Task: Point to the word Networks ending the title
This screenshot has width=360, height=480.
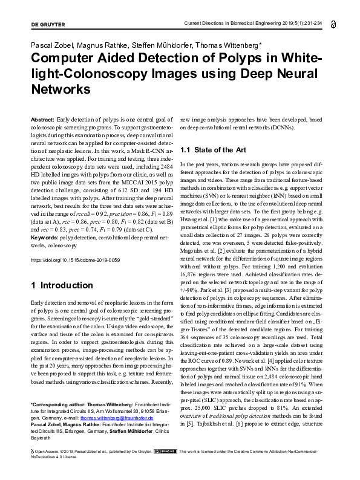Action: (60, 89)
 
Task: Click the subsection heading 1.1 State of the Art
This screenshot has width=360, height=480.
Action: (214, 149)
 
